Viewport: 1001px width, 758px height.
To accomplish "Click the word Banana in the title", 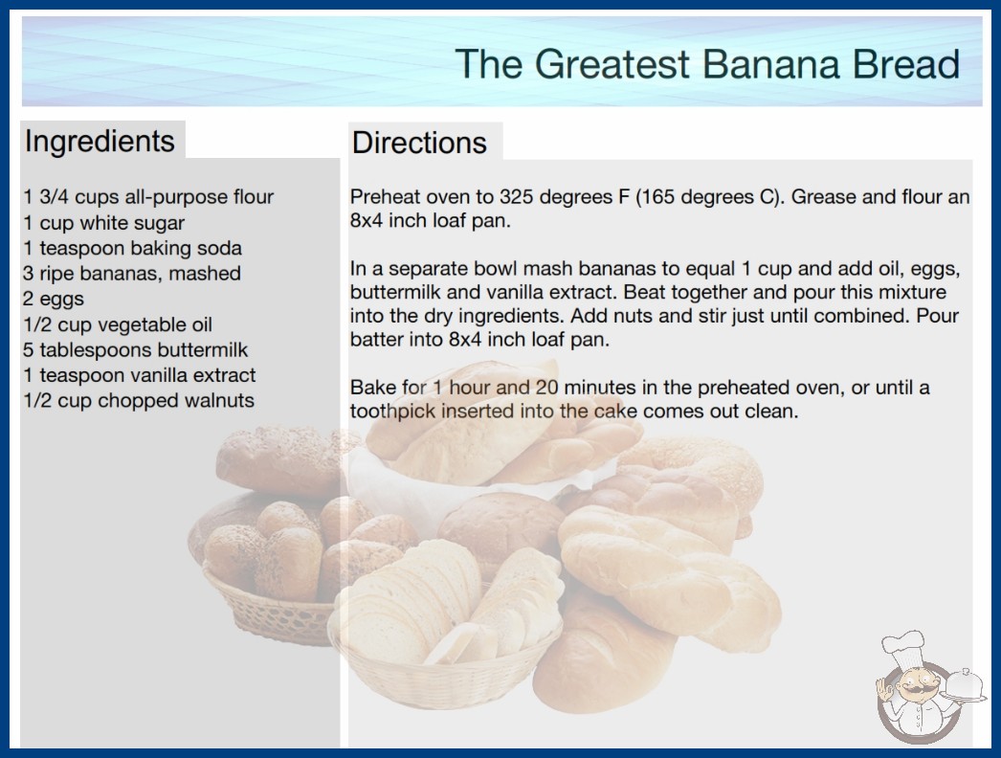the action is tap(771, 64).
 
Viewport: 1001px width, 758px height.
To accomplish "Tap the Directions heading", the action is tap(419, 143).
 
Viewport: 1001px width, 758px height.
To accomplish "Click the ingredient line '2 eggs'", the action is tap(54, 299).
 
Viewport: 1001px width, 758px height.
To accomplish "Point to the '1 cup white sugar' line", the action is tap(104, 223).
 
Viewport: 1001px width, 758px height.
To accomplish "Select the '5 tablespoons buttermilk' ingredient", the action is tap(135, 350).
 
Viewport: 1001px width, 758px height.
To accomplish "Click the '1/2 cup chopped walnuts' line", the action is tap(139, 400).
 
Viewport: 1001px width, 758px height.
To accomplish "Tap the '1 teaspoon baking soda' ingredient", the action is tap(133, 248).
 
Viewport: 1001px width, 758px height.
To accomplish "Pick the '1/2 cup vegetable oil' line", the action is tap(118, 324).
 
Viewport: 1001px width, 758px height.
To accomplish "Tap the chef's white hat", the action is tap(904, 646).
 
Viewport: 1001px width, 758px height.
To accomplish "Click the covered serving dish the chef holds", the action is tap(965, 685).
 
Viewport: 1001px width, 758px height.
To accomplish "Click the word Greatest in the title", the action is tap(612, 64).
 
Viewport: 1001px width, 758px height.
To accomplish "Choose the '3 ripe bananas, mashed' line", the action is tap(132, 274).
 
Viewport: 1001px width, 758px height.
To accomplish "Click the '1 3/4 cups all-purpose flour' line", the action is tap(148, 197).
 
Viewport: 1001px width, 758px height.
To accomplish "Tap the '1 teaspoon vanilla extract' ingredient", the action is tap(139, 375).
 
